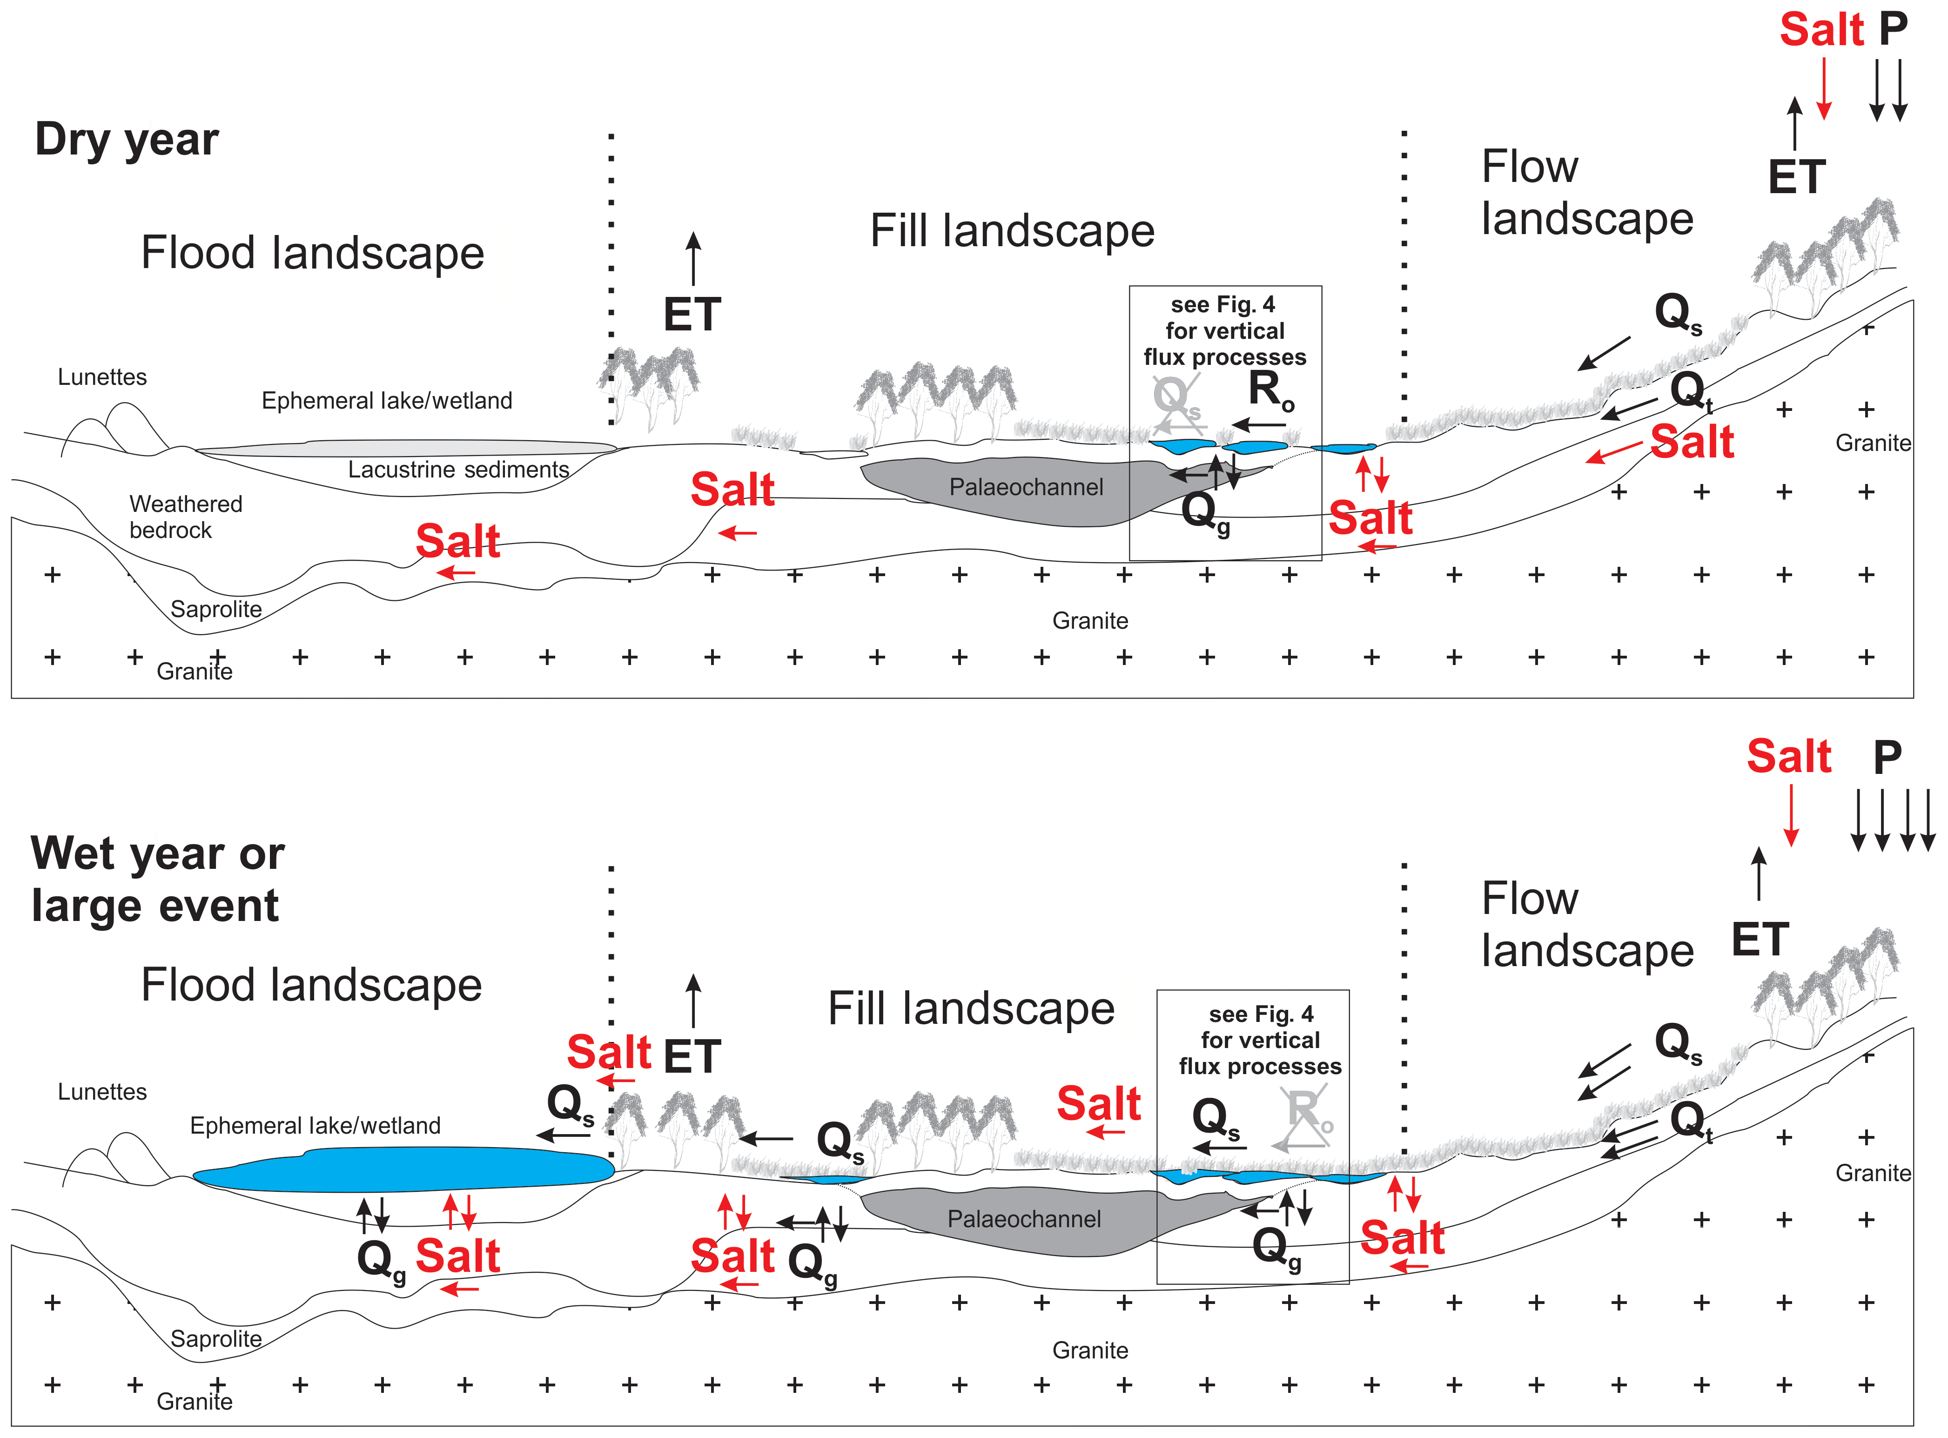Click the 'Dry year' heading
[x=127, y=139]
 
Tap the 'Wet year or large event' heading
[x=158, y=879]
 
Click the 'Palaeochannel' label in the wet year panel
[x=1024, y=1220]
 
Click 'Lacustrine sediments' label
[x=459, y=470]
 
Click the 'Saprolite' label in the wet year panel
[x=216, y=1339]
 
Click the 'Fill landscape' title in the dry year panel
[x=1012, y=232]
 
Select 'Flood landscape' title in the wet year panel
[x=312, y=985]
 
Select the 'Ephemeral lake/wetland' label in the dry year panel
[x=386, y=400]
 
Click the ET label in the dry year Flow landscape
[x=1797, y=178]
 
